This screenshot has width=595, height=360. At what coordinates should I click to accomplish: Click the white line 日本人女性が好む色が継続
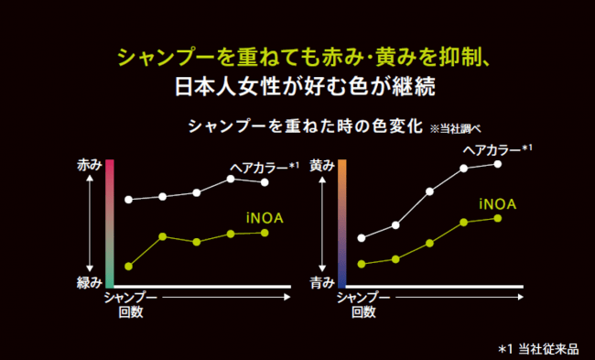coord(297,89)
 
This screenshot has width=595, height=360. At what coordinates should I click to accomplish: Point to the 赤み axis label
coord(89,167)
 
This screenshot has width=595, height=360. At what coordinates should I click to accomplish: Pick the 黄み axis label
coord(321,167)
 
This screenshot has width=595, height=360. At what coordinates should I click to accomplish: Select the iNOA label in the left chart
coord(264,216)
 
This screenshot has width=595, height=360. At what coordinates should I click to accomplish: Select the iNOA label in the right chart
coord(496,202)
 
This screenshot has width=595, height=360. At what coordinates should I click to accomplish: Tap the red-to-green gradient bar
coord(109,224)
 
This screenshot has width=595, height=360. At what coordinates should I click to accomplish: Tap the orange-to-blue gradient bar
coord(341,224)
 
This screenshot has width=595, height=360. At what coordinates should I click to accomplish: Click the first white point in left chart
coord(128,200)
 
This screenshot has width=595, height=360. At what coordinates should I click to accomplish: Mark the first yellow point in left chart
coord(128,267)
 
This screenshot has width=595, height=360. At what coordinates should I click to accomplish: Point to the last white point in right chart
coord(498,164)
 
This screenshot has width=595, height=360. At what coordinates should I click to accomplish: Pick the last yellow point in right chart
coord(498,218)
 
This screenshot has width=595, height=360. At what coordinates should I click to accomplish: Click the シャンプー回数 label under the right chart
coord(363,305)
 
